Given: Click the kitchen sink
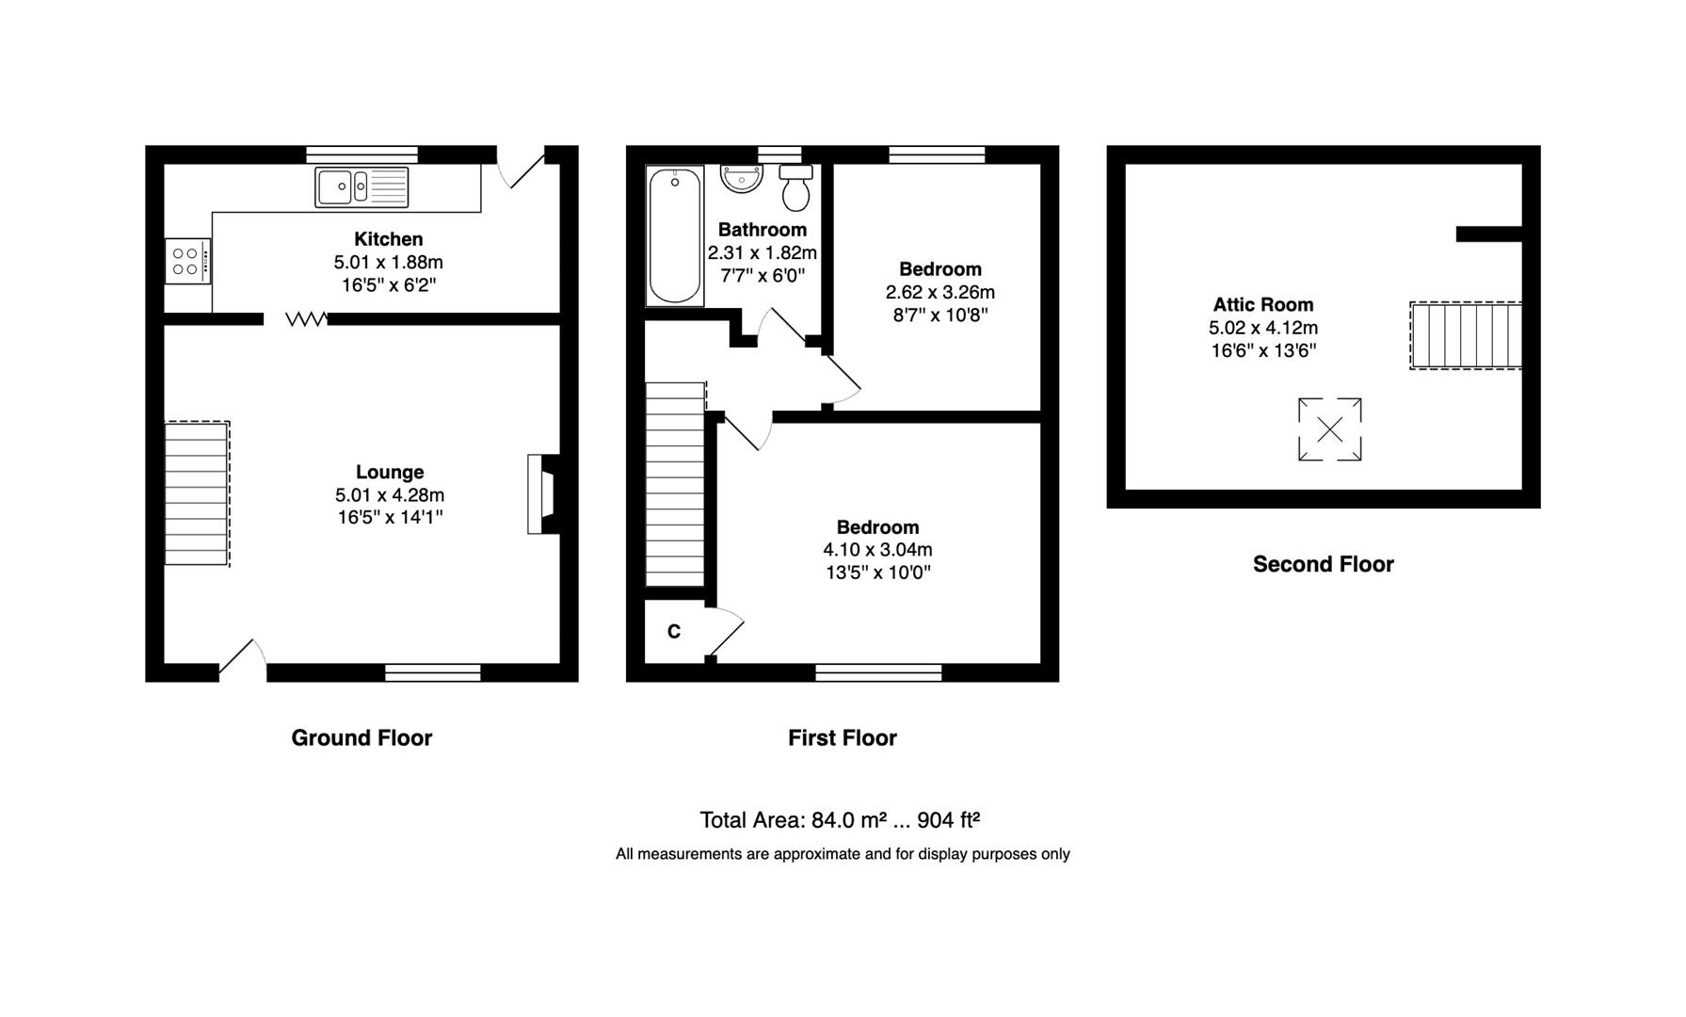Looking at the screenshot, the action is click(x=361, y=186).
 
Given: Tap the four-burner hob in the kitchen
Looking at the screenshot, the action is click(x=187, y=261).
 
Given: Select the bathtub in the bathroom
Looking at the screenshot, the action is click(x=675, y=236).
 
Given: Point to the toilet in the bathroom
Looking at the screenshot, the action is click(x=796, y=188).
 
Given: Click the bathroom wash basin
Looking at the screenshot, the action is click(x=743, y=178).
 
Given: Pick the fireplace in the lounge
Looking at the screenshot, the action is click(x=542, y=494).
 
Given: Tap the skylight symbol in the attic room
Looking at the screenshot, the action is click(x=1329, y=429).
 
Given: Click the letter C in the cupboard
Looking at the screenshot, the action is click(x=674, y=632).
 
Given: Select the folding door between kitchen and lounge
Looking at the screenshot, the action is click(x=307, y=319).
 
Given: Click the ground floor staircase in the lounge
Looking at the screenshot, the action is click(x=198, y=493).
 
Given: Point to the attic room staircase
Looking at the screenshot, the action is click(x=1466, y=335).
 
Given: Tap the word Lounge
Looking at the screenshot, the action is click(x=390, y=473).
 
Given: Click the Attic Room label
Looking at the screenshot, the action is click(x=1263, y=305).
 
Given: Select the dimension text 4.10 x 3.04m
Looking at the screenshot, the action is click(x=878, y=550).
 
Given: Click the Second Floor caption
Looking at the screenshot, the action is click(x=1323, y=564).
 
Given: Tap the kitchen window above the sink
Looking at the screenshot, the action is click(x=362, y=154).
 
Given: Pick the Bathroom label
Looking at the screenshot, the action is click(x=763, y=230).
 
